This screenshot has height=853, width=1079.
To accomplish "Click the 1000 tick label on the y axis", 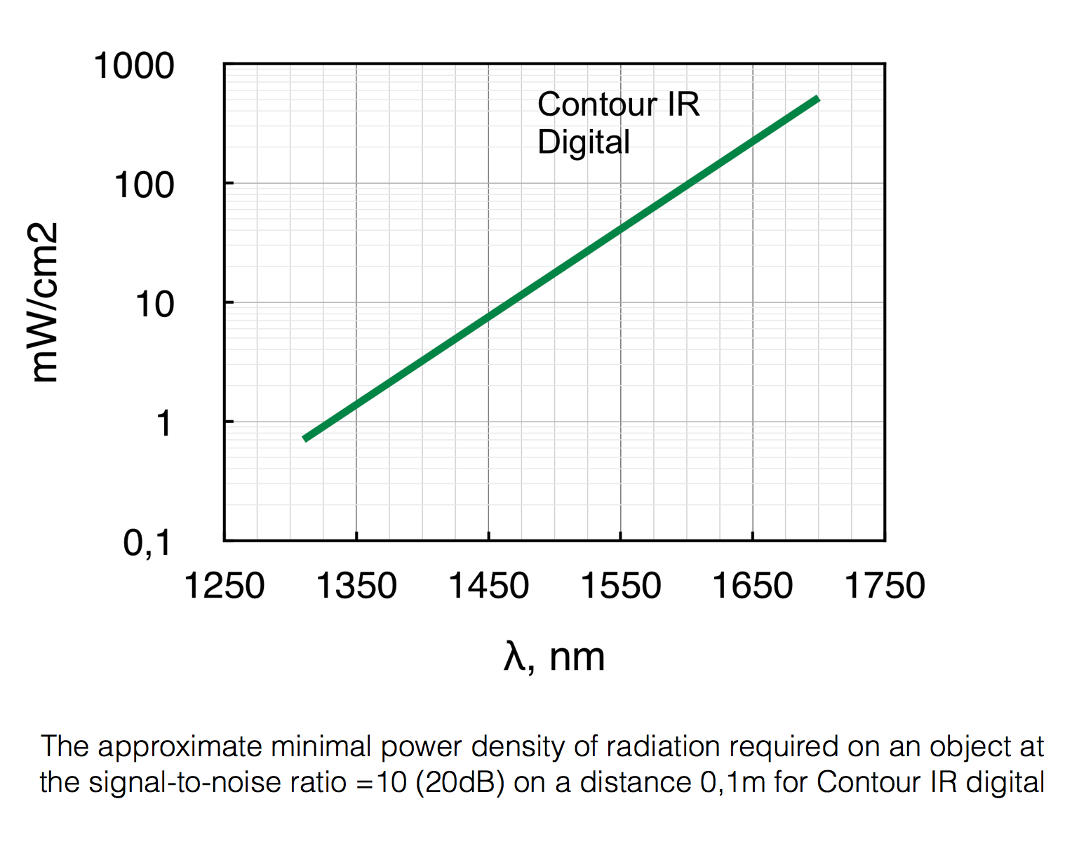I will [134, 67].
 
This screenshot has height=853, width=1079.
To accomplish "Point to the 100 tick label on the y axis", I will [144, 187].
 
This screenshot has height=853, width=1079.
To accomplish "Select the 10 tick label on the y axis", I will [154, 306].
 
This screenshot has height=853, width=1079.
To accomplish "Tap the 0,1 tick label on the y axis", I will [147, 544].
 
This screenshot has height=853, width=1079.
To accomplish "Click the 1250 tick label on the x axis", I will [224, 586].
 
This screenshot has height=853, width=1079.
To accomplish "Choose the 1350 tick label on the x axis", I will [356, 586].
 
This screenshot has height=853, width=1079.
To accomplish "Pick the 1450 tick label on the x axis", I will [488, 586].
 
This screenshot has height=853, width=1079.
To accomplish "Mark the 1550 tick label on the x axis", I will [621, 586].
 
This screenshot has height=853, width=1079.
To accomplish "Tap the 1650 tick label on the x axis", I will [753, 586].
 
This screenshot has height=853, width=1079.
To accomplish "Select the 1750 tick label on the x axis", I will [885, 586].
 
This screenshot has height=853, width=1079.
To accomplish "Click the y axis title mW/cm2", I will [45, 302].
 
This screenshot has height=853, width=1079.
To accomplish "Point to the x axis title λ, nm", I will [554, 658].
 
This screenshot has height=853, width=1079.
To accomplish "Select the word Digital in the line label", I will [584, 142].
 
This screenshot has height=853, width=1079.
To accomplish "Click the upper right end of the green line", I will [817, 100].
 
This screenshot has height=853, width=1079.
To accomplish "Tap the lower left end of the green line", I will [305, 438].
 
